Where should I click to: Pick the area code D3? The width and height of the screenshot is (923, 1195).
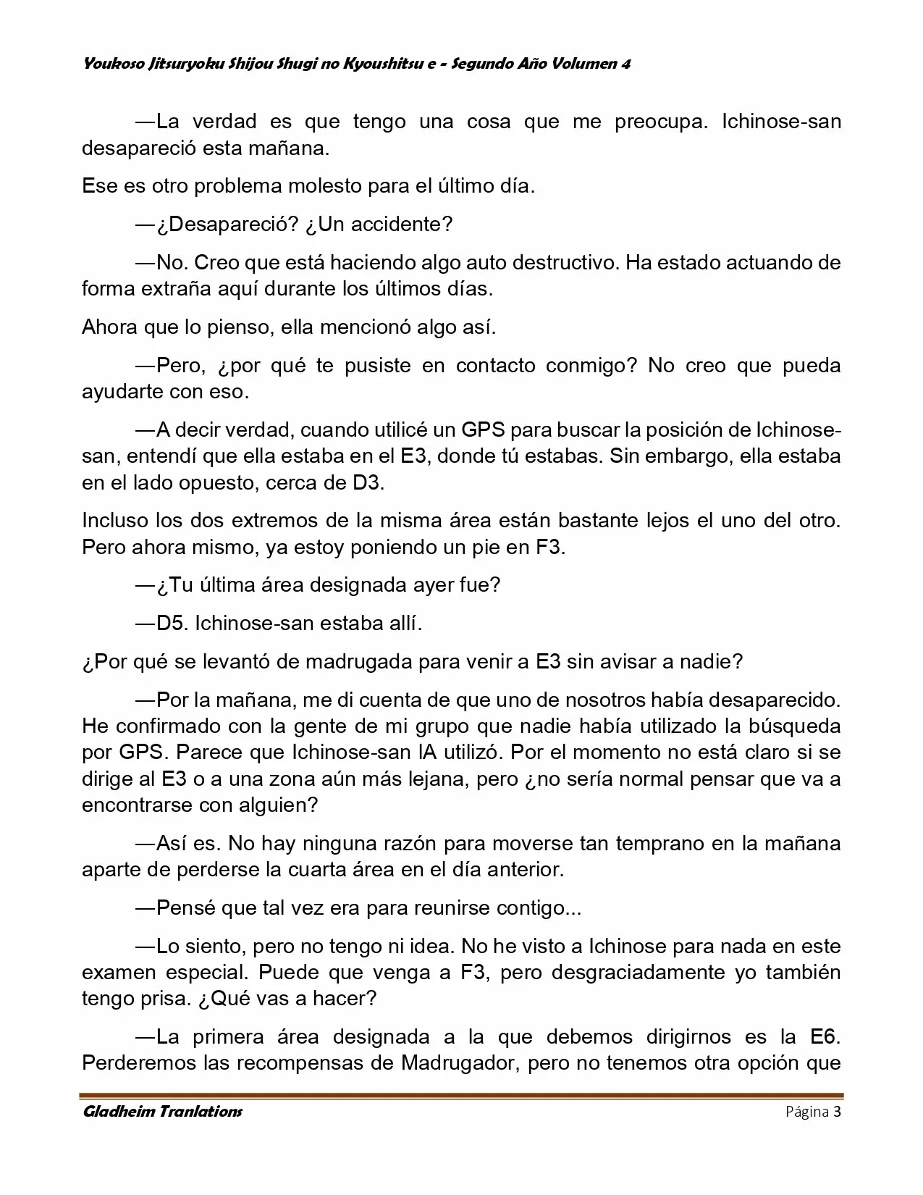366,482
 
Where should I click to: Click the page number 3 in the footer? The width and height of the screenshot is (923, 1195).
837,1112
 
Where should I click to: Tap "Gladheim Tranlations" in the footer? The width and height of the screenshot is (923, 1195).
163,1112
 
